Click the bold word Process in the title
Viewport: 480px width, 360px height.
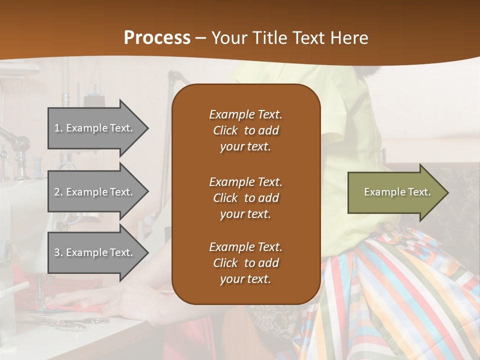157,38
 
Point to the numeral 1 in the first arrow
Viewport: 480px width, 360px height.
57,128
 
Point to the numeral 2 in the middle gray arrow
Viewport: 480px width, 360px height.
57,192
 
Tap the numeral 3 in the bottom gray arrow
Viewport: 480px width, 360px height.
57,252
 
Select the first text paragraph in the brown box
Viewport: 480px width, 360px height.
245,130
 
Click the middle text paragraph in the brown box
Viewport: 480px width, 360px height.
245,198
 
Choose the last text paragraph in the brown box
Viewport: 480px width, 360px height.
245,263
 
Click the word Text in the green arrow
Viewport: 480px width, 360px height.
418,192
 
